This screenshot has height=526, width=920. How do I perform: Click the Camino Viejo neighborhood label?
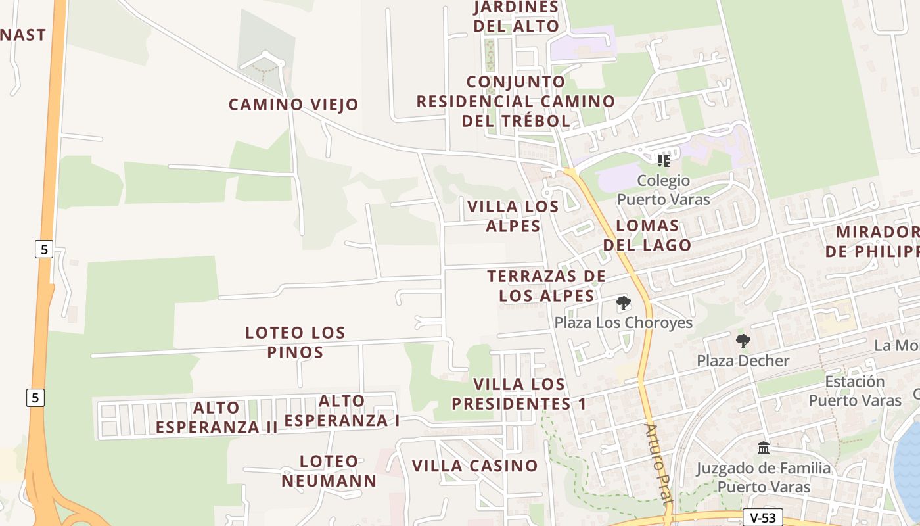[x=293, y=104]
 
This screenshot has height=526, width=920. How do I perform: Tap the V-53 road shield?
[x=762, y=517]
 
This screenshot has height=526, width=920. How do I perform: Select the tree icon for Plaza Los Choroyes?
[x=623, y=304]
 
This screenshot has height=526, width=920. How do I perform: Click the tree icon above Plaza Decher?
[x=743, y=341]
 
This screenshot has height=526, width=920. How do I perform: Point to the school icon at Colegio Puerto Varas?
[x=663, y=160]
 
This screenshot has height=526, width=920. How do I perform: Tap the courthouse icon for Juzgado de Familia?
[x=764, y=448]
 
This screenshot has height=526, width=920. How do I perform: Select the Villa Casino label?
[x=474, y=466]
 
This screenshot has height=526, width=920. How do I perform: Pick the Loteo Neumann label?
[x=329, y=471]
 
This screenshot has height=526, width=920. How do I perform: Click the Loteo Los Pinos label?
[x=295, y=342]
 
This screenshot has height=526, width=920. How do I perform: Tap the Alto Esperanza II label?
[x=217, y=418]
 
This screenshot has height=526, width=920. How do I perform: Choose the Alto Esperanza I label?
[x=342, y=411]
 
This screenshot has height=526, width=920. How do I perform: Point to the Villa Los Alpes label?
[x=513, y=216]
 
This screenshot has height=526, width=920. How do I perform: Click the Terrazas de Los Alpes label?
[x=547, y=285]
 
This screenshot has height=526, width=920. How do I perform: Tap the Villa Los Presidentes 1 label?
[x=519, y=393]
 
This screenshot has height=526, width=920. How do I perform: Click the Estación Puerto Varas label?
[x=854, y=391]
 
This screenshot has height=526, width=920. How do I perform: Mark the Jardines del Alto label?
[x=516, y=16]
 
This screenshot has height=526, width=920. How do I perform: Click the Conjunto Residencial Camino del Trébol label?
[x=516, y=101]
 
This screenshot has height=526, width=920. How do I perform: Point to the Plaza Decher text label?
[x=743, y=360]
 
